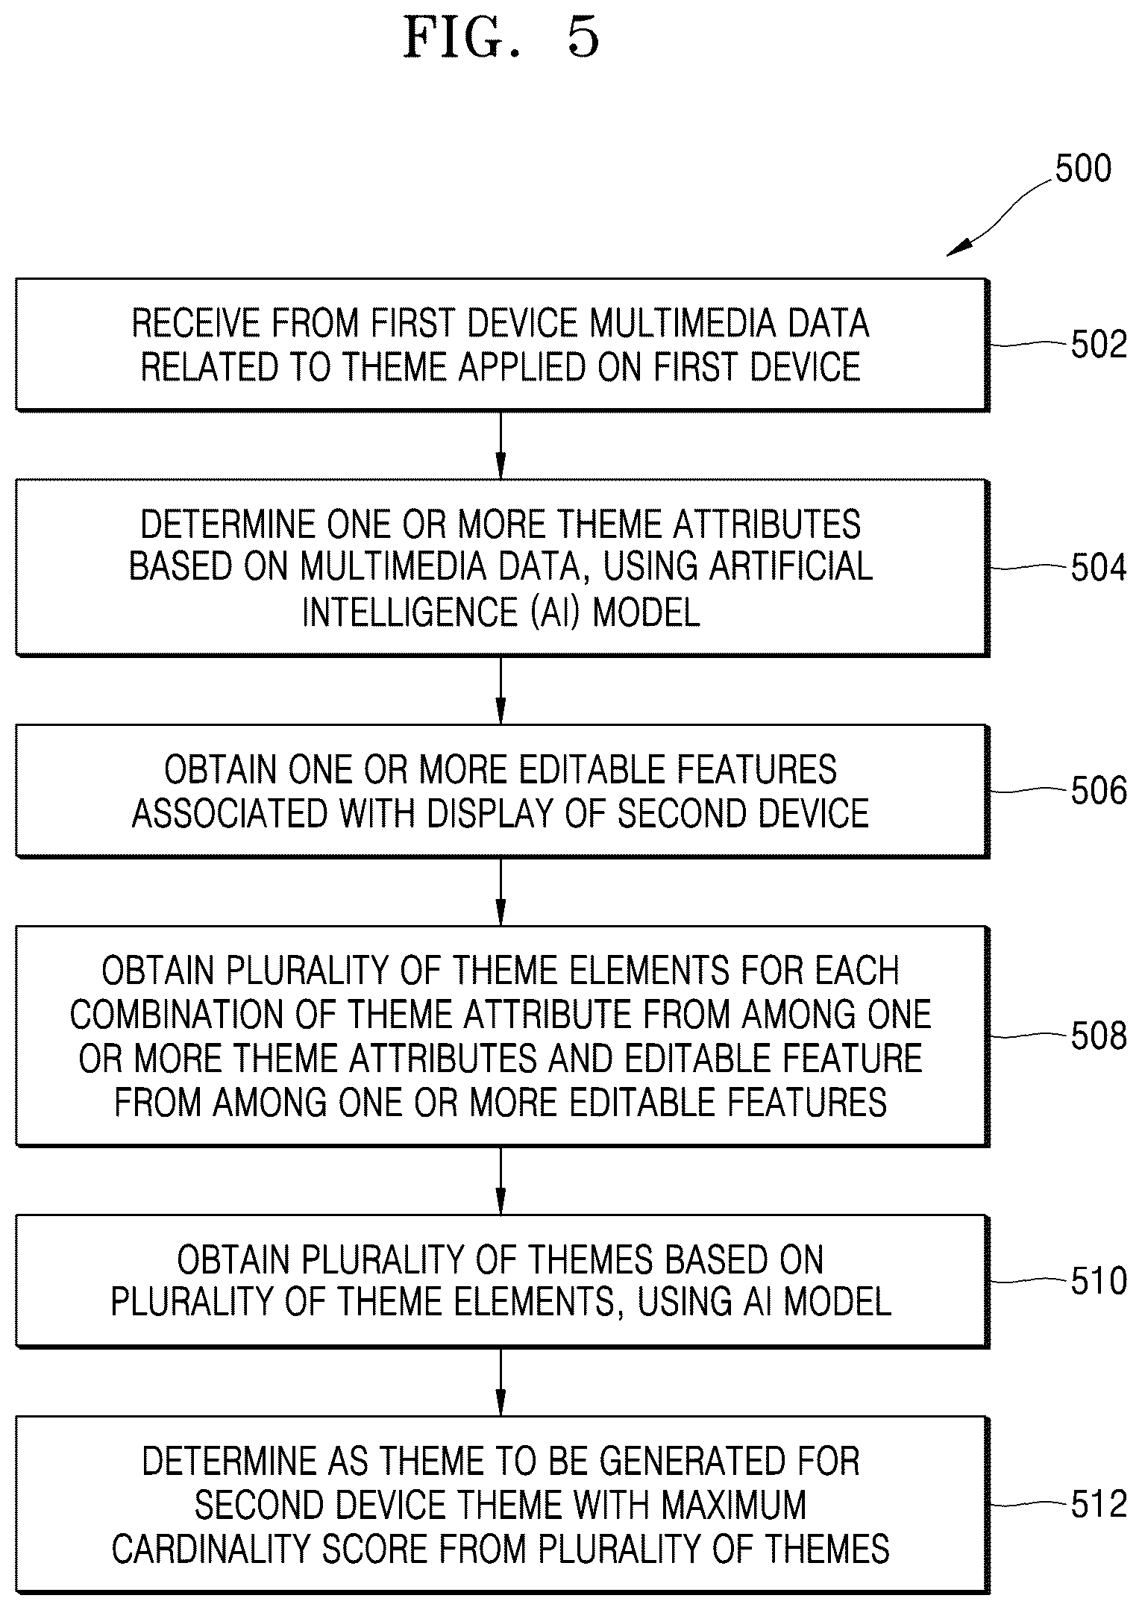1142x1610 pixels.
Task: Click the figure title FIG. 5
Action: tap(501, 38)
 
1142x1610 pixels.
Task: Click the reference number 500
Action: tap(1082, 169)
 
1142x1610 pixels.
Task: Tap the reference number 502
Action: tap(1099, 345)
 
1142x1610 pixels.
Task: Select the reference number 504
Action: tap(1099, 568)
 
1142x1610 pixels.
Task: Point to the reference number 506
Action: tap(1099, 791)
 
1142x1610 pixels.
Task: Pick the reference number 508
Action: tap(1099, 1036)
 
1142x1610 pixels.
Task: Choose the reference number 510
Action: tap(1099, 1281)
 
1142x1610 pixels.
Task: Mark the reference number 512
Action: tap(1099, 1504)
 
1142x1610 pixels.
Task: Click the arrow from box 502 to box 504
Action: tap(501, 445)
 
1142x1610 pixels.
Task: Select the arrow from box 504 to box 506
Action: tap(501, 690)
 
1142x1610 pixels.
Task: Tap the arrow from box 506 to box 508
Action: tap(501, 892)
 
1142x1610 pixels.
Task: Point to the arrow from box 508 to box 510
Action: tap(501, 1181)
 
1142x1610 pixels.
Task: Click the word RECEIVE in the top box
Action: tap(196, 323)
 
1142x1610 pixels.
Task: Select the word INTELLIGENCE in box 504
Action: tap(409, 612)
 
